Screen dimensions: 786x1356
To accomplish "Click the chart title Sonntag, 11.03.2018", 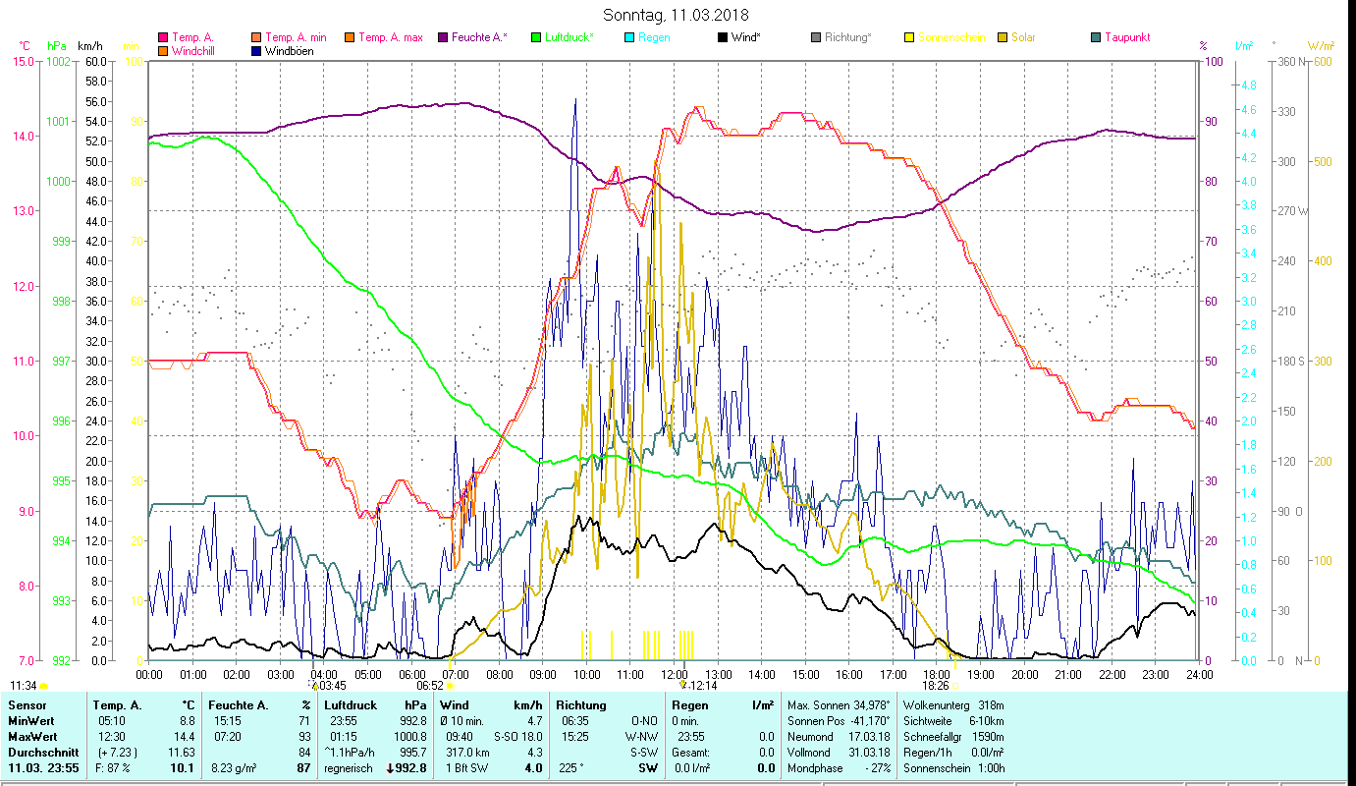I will (677, 15).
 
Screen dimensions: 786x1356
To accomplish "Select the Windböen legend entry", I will (288, 51).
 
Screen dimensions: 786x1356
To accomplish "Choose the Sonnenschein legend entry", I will (951, 37).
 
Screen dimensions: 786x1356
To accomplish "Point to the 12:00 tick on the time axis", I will (674, 675).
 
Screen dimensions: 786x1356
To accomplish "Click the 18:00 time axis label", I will (937, 675).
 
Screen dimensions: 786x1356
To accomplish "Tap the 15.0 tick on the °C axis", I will (22, 61).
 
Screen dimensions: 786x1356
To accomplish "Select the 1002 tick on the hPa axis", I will (58, 61).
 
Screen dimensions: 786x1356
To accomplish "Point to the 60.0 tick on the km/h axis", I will (95, 61).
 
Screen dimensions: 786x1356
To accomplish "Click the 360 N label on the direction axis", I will (1289, 61).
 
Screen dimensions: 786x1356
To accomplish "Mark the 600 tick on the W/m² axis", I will (1322, 61).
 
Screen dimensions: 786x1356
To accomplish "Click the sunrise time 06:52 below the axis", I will (430, 686).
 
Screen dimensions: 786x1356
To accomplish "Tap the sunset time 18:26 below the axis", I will (936, 686).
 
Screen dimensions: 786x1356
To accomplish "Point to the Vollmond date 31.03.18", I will (870, 752).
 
